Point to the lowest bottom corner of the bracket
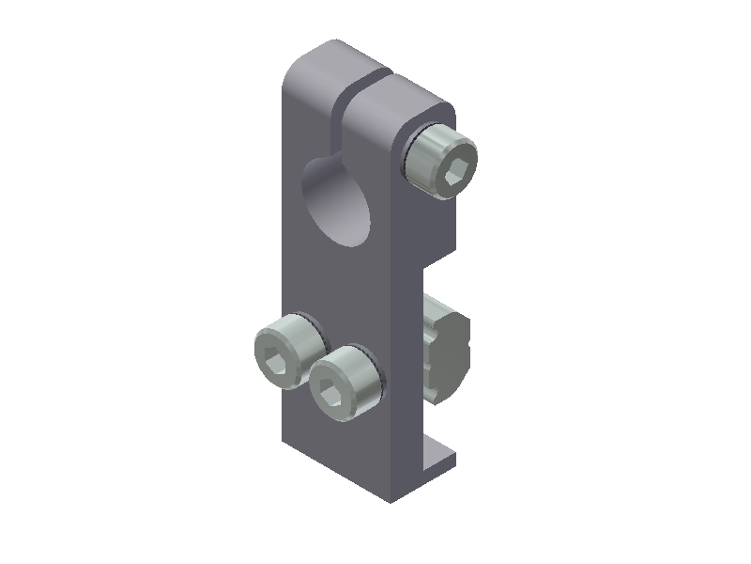tap(392, 500)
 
